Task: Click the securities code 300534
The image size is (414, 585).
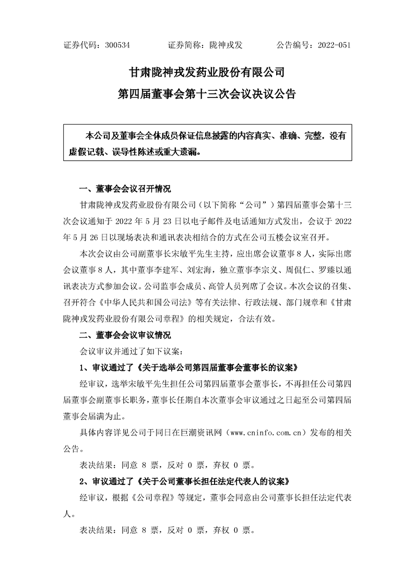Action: click(x=117, y=45)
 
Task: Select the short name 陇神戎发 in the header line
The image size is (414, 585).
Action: click(x=230, y=45)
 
